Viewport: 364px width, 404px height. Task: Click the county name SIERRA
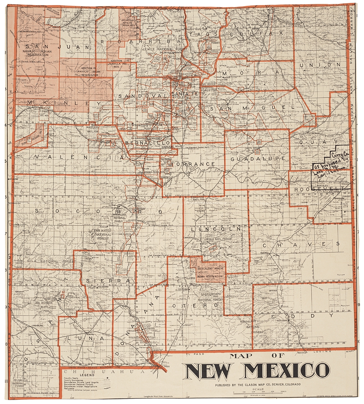click(108, 281)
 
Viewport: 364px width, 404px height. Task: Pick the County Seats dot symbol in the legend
click(108, 379)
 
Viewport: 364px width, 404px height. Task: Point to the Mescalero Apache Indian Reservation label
click(209, 273)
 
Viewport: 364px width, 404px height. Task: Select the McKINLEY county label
click(58, 104)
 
